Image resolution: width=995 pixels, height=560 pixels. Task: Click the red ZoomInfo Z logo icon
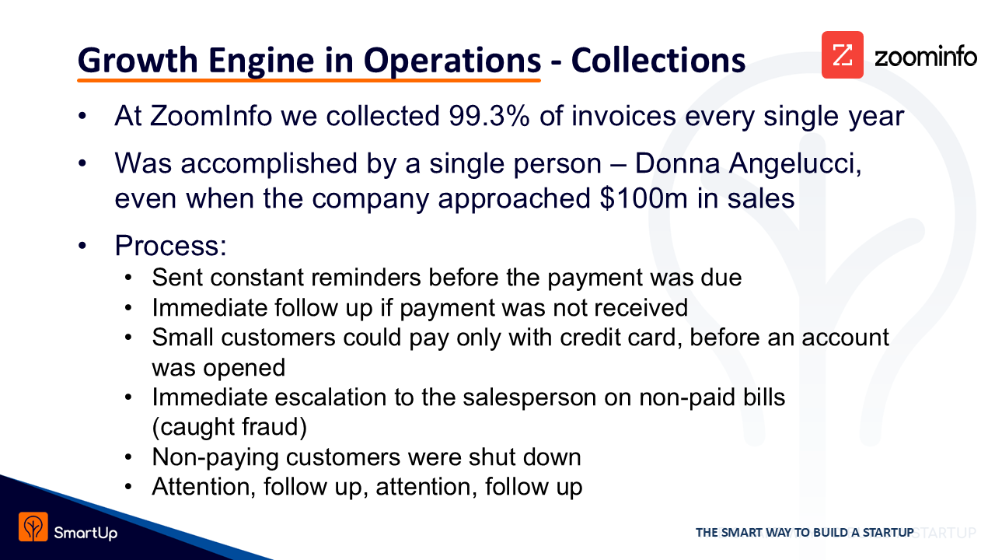coord(842,54)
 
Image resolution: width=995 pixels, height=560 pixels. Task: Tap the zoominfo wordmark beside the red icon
coord(926,58)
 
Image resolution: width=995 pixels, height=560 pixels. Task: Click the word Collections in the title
coord(658,61)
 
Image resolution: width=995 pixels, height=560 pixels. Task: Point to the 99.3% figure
coord(489,116)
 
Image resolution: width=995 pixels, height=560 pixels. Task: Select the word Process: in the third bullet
coord(170,245)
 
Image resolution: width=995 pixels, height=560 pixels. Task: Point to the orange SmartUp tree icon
coord(33,527)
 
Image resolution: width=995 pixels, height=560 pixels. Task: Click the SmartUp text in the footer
coord(86,533)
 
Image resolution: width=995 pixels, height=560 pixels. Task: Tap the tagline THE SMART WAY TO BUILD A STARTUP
coord(805,533)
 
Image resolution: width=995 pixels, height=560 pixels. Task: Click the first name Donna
coord(677,163)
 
